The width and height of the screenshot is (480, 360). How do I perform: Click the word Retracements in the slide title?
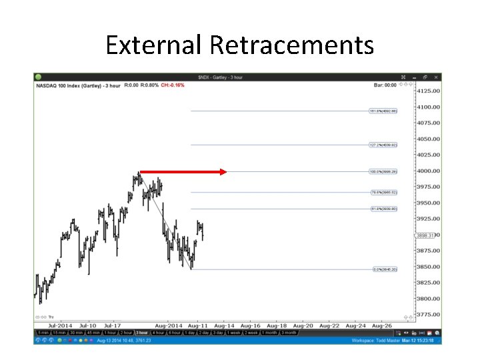pos(291,45)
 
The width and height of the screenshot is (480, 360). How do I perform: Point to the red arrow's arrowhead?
pos(223,172)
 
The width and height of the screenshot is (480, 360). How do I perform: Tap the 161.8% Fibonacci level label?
pos(383,111)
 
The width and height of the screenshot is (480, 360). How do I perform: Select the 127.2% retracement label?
pos(383,145)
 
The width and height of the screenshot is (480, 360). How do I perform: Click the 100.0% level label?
pos(383,172)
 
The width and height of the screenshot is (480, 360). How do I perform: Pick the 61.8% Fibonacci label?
pos(383,209)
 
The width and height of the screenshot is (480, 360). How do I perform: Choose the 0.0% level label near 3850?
pos(385,269)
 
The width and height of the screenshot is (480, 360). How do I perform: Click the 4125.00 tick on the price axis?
pos(429,91)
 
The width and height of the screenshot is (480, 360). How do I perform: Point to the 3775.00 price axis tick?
pos(429,315)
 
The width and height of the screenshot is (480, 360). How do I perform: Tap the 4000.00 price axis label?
pos(429,171)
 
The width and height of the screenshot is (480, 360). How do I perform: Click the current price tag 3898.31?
pos(425,235)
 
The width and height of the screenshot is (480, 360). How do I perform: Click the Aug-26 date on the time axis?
pos(381,326)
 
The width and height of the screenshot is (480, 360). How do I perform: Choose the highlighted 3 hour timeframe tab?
pos(142,333)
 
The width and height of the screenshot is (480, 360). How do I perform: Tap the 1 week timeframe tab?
pos(233,333)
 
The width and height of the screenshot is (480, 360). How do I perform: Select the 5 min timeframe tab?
pos(43,333)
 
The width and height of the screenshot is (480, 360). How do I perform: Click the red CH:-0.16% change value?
pos(173,85)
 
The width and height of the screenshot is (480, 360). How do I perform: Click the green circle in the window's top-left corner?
pos(39,77)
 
